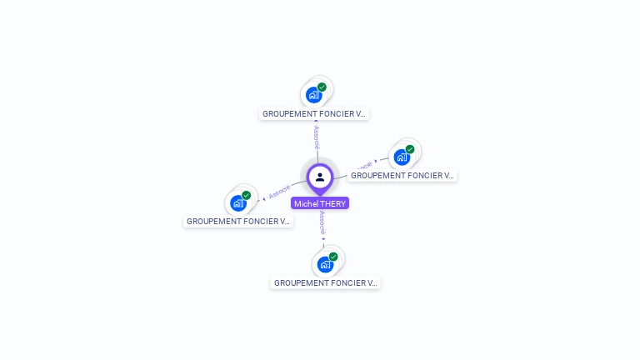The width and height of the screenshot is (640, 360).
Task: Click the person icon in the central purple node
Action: point(320,177)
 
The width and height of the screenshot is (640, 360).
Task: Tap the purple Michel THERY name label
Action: point(320,203)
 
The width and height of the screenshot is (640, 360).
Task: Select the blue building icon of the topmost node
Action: point(313,94)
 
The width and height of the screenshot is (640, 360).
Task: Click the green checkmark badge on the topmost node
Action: point(322,87)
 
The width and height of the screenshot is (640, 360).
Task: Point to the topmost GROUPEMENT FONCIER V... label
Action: point(314,113)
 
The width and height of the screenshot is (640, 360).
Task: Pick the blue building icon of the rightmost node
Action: point(402,157)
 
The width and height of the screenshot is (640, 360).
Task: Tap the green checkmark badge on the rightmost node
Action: point(410,149)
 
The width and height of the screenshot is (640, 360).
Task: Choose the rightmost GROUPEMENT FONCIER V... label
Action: point(402,176)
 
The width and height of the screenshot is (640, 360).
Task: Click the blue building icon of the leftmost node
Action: point(238,202)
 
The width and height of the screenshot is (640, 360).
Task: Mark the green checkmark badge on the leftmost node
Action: point(247,195)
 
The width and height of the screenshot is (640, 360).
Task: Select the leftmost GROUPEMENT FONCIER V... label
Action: point(238,222)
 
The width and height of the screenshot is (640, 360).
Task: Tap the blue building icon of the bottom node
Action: point(325,264)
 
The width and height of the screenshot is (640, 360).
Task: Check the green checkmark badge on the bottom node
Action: point(333,257)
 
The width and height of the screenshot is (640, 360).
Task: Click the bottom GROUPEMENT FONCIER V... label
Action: point(326,283)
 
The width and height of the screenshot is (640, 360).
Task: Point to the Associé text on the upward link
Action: point(316,137)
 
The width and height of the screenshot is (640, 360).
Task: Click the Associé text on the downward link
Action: point(322,223)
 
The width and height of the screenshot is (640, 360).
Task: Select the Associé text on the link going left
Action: point(280,191)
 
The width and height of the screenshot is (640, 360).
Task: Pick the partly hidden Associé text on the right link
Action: point(363,166)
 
